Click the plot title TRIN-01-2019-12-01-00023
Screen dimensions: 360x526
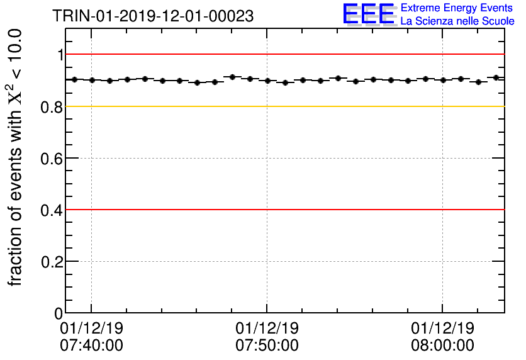tap(154, 16)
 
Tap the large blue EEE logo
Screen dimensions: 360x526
tap(369, 14)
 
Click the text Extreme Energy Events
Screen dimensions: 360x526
tap(457, 8)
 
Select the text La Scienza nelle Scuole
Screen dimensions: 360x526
tap(457, 21)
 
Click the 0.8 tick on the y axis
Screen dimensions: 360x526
tap(53, 107)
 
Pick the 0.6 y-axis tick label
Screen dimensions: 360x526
tap(53, 159)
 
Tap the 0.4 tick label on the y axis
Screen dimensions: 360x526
tap(53, 210)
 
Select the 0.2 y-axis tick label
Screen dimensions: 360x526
tap(53, 262)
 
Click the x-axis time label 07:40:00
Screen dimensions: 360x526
tap(91, 345)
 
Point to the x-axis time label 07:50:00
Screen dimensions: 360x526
tap(267, 345)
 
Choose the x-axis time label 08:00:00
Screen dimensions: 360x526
tap(442, 345)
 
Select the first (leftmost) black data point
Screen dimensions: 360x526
tap(74, 79)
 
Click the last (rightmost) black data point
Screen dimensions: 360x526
tap(496, 77)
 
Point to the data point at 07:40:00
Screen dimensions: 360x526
tap(92, 80)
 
